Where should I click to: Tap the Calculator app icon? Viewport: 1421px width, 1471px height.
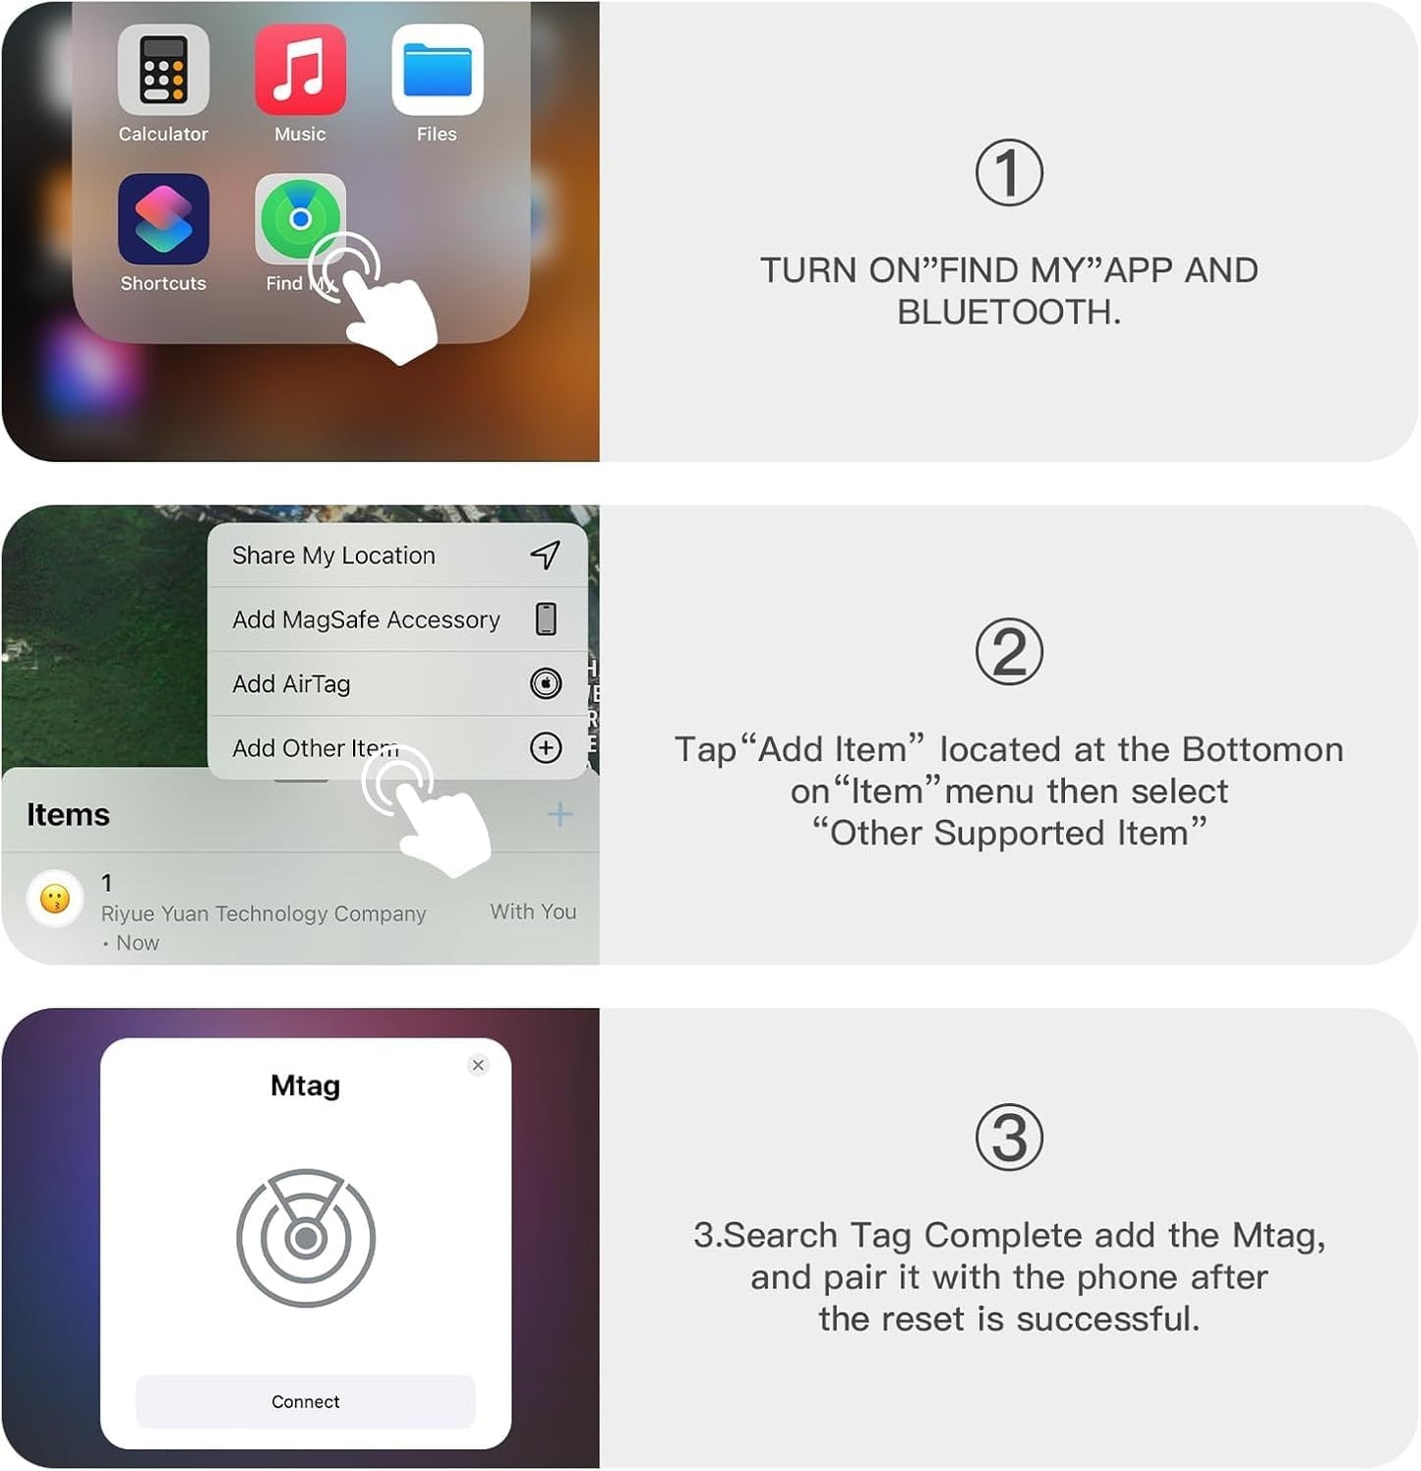pos(163,70)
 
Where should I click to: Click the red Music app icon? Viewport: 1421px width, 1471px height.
pos(300,70)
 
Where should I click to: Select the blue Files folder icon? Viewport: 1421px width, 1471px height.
pos(437,70)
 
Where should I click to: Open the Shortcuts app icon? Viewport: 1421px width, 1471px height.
pos(163,219)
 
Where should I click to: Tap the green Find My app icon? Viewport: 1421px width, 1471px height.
pos(299,218)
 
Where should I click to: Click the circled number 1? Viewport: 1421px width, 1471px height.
pos(1009,173)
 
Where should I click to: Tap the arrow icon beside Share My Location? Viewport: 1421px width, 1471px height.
pos(546,555)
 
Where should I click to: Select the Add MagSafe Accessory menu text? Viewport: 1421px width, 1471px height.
pos(366,619)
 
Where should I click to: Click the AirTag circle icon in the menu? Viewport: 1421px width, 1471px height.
pos(546,683)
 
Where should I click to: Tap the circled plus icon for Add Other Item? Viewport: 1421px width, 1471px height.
pos(546,748)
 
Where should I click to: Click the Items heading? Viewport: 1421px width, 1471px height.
pos(68,815)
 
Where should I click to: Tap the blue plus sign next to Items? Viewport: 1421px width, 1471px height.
pos(560,814)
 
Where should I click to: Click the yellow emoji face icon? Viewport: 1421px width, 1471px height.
pos(55,898)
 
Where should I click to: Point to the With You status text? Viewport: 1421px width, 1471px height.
pos(533,912)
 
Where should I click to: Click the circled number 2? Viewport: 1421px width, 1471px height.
pos(1009,653)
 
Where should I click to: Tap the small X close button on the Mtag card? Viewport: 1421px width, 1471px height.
pos(478,1065)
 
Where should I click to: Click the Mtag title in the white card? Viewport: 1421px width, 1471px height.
pos(305,1086)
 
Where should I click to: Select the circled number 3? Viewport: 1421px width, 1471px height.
pos(1009,1139)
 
